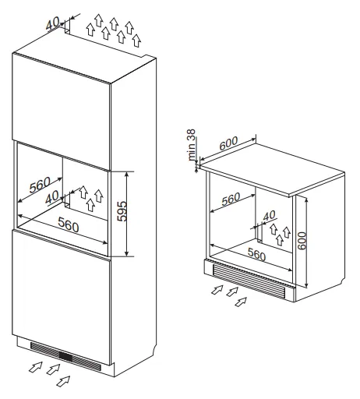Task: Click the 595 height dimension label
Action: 122,211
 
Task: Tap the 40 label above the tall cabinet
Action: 53,23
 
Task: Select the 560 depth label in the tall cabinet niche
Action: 40,184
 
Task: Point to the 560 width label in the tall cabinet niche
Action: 69,224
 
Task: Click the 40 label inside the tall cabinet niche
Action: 52,197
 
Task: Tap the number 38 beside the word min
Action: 191,136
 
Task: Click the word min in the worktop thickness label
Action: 192,152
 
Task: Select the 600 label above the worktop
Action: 228,143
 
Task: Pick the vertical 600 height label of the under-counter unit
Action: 302,241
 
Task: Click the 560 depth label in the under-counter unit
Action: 231,199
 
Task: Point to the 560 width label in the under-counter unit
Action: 256,254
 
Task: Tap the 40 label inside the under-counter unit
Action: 269,215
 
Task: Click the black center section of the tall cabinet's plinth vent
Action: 65,355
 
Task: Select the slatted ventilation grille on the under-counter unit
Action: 249,278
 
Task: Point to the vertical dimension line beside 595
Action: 126,214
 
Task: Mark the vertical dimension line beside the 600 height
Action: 307,242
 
